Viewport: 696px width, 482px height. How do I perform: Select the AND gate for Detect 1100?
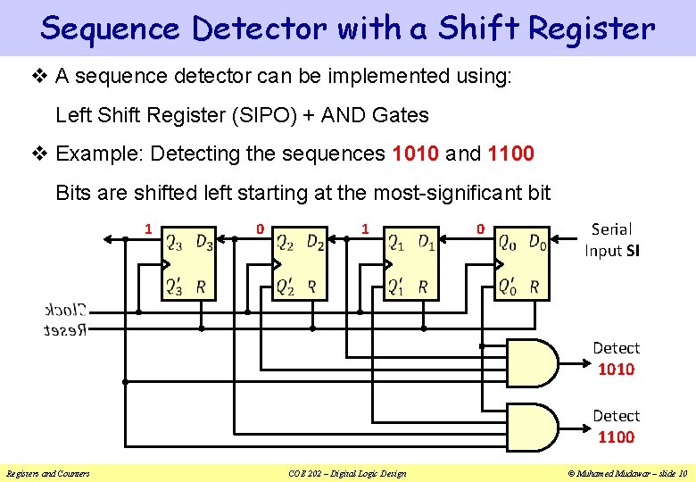[532, 428]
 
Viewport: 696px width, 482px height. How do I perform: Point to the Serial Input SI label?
[611, 240]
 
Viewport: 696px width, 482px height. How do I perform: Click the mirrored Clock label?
[65, 311]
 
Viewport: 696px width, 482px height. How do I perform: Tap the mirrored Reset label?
[65, 330]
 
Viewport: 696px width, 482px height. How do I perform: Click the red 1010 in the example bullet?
[415, 154]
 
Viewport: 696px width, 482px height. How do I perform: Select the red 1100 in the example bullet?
[511, 154]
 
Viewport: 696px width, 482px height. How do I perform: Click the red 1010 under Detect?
[616, 370]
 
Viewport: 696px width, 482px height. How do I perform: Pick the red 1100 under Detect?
[616, 437]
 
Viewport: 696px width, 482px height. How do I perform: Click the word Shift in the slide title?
[481, 29]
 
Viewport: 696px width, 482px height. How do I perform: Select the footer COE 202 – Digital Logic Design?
[347, 473]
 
